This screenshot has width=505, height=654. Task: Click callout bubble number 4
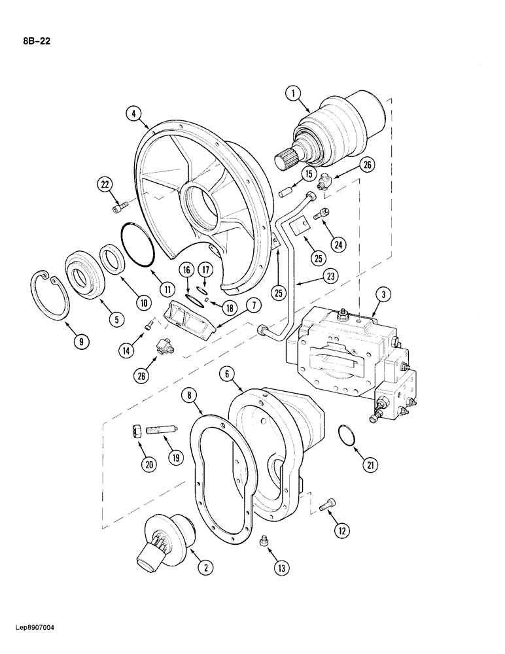(133, 114)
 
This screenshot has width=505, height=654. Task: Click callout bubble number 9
(82, 341)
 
